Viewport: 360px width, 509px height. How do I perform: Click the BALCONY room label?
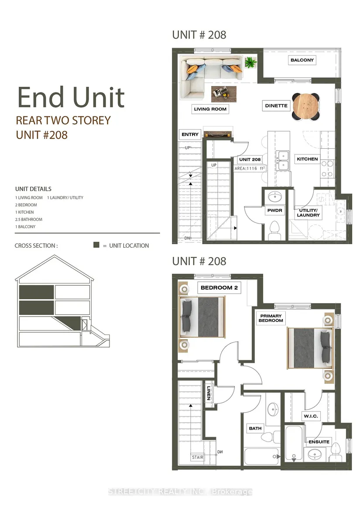click(x=302, y=60)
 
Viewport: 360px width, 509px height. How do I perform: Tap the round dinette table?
click(x=305, y=106)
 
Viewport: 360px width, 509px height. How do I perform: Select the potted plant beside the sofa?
click(x=250, y=62)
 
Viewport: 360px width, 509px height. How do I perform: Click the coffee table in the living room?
click(x=224, y=94)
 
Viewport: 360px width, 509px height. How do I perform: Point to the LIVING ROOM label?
click(x=210, y=109)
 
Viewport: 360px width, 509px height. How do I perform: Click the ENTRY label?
click(x=190, y=134)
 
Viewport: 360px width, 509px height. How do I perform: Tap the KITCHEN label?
click(x=307, y=159)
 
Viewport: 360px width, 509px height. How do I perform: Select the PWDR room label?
click(x=275, y=210)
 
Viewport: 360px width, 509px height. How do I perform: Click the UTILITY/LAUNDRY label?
click(x=309, y=212)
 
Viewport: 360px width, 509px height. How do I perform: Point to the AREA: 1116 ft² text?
click(x=250, y=168)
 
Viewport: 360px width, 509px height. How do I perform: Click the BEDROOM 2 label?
click(x=219, y=287)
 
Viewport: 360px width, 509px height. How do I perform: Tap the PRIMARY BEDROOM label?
click(x=271, y=318)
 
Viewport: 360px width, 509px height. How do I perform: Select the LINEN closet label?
click(x=209, y=393)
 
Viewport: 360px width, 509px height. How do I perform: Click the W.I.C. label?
click(x=311, y=416)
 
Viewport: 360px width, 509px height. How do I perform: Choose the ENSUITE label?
click(x=319, y=442)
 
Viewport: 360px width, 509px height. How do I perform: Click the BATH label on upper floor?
click(x=255, y=428)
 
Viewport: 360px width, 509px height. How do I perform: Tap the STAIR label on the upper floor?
click(x=198, y=458)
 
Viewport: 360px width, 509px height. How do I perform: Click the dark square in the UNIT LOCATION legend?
click(x=96, y=245)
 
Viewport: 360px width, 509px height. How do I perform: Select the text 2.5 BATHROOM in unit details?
click(x=29, y=219)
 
